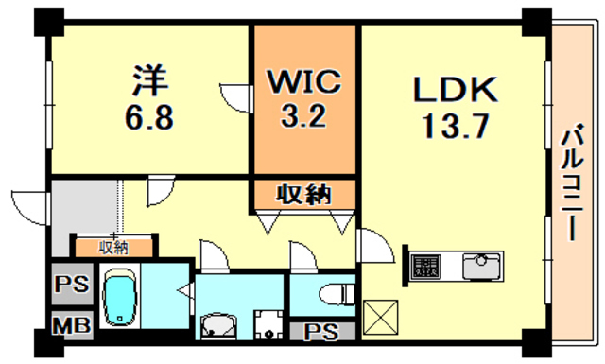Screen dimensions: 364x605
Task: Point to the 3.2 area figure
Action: pos(303,119)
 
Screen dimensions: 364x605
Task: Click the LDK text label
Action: pos(454,89)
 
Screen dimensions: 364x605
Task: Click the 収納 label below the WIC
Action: pos(303,196)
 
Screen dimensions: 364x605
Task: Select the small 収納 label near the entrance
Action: pos(115,248)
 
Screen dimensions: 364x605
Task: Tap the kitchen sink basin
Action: pos(482,266)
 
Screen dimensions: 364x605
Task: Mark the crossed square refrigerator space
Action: pos(380,313)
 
